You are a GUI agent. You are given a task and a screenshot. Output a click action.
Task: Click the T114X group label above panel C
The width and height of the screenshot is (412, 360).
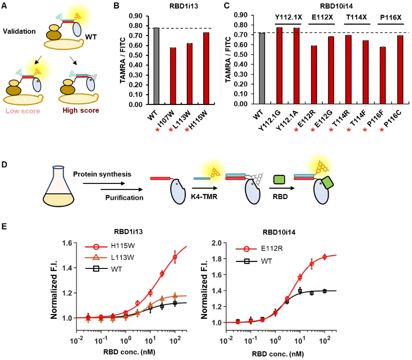pos(356,18)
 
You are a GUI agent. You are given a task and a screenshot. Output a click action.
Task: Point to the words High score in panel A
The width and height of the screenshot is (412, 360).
pos(81,111)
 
